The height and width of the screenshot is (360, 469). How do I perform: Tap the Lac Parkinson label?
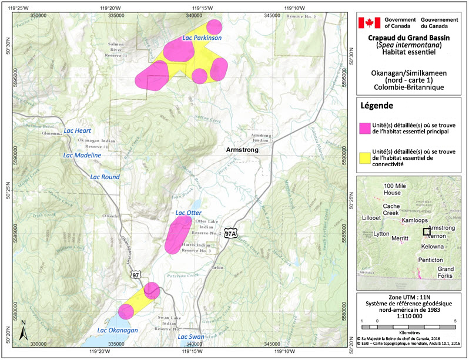click(202, 38)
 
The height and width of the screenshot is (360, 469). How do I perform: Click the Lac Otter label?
click(189, 212)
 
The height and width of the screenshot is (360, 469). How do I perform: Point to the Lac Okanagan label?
click(118, 330)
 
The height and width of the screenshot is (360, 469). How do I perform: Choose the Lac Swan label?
click(191, 337)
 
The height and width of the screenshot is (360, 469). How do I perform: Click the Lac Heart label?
click(78, 130)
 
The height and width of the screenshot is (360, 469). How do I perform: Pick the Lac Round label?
click(105, 177)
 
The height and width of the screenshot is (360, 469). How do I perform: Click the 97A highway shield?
click(231, 233)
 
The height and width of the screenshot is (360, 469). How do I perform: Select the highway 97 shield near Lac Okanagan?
click(136, 274)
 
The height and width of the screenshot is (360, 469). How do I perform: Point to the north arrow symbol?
click(22, 332)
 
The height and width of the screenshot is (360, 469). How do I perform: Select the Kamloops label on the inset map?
click(415, 220)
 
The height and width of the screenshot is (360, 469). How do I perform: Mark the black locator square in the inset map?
click(426, 231)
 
